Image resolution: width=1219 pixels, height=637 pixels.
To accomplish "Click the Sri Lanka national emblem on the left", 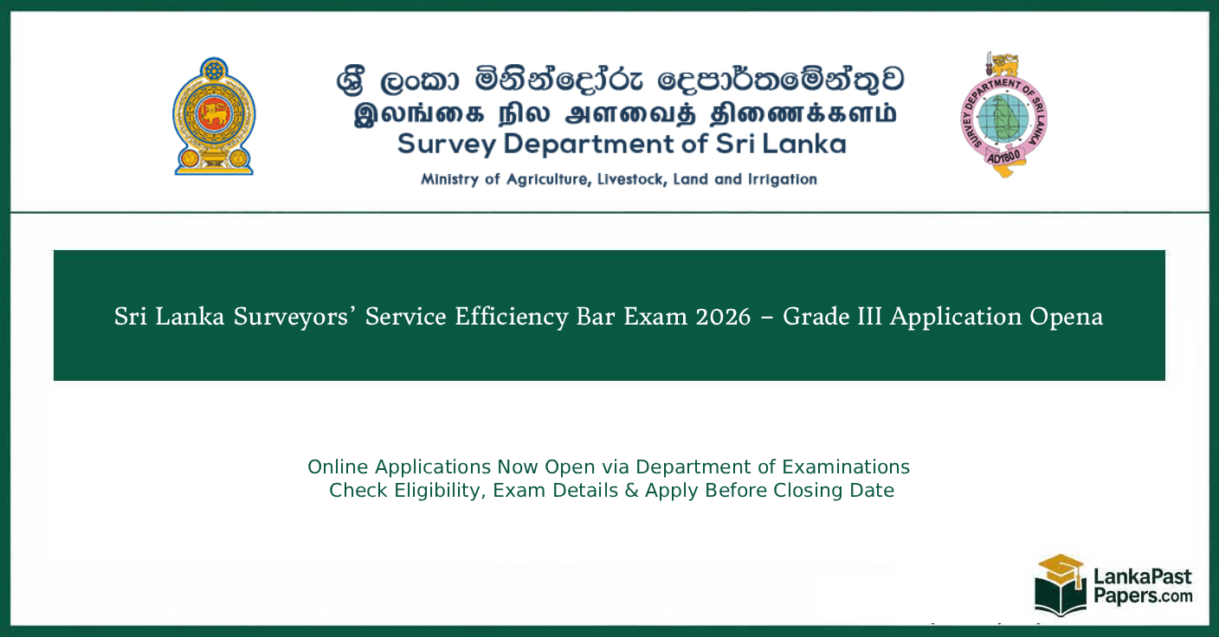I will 214,117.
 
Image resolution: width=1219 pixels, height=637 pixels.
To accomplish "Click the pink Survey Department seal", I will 1003,115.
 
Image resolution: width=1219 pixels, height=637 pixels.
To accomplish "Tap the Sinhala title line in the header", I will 620,81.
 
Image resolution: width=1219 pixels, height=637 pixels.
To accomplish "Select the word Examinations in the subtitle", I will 846,467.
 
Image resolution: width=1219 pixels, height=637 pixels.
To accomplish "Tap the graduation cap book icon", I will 1061,584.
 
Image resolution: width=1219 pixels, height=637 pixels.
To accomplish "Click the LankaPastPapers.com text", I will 1142,586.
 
